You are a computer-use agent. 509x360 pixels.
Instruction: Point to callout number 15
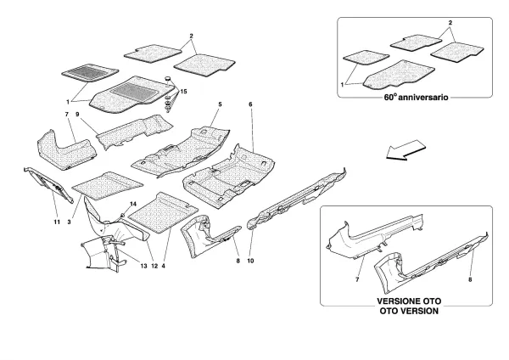point(184,90)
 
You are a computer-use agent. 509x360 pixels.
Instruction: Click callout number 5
point(219,105)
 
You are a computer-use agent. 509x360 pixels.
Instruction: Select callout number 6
point(250,104)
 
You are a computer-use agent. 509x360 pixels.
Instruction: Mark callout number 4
point(165,267)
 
